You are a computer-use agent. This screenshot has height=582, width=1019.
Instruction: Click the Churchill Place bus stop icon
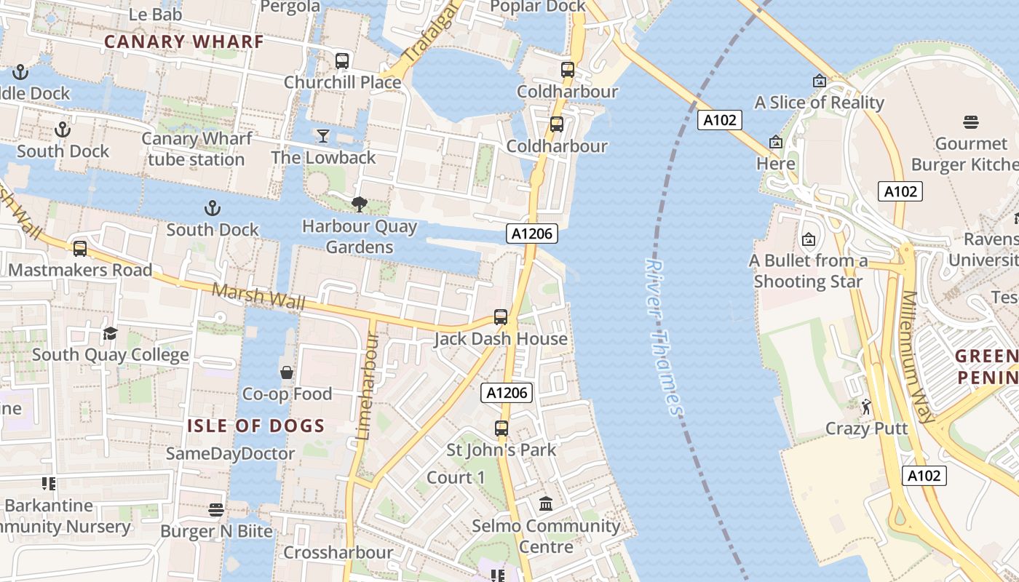pyautogui.click(x=342, y=61)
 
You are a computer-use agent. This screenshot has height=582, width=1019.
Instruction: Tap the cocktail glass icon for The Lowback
pyautogui.click(x=323, y=136)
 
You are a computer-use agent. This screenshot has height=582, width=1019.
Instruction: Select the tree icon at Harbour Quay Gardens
pyautogui.click(x=360, y=204)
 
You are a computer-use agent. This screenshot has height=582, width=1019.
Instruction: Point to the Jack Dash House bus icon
pyautogui.click(x=501, y=317)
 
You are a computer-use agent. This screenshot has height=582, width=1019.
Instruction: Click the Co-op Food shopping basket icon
pyautogui.click(x=287, y=372)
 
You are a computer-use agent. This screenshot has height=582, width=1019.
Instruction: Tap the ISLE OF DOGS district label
pyautogui.click(x=255, y=426)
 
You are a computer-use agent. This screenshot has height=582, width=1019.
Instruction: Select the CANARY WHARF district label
pyautogui.click(x=183, y=41)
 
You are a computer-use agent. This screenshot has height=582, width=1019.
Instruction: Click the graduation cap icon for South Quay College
pyautogui.click(x=110, y=333)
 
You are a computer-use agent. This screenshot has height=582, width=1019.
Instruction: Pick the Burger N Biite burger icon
pyautogui.click(x=216, y=509)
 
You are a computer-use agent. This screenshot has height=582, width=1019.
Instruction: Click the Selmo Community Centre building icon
pyautogui.click(x=546, y=503)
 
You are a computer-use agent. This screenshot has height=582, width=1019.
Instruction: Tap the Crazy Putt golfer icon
pyautogui.click(x=866, y=407)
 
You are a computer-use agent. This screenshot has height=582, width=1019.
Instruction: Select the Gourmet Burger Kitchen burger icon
pyautogui.click(x=971, y=121)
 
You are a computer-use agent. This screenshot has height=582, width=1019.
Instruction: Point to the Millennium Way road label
pyautogui.click(x=918, y=356)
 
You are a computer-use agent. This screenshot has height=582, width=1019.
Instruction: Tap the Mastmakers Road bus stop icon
pyautogui.click(x=80, y=248)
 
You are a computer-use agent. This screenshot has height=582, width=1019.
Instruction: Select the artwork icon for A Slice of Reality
pyautogui.click(x=820, y=81)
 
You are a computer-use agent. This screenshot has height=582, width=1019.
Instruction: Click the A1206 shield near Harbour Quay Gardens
pyautogui.click(x=532, y=234)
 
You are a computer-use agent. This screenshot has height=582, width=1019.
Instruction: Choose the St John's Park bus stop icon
pyautogui.click(x=501, y=428)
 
